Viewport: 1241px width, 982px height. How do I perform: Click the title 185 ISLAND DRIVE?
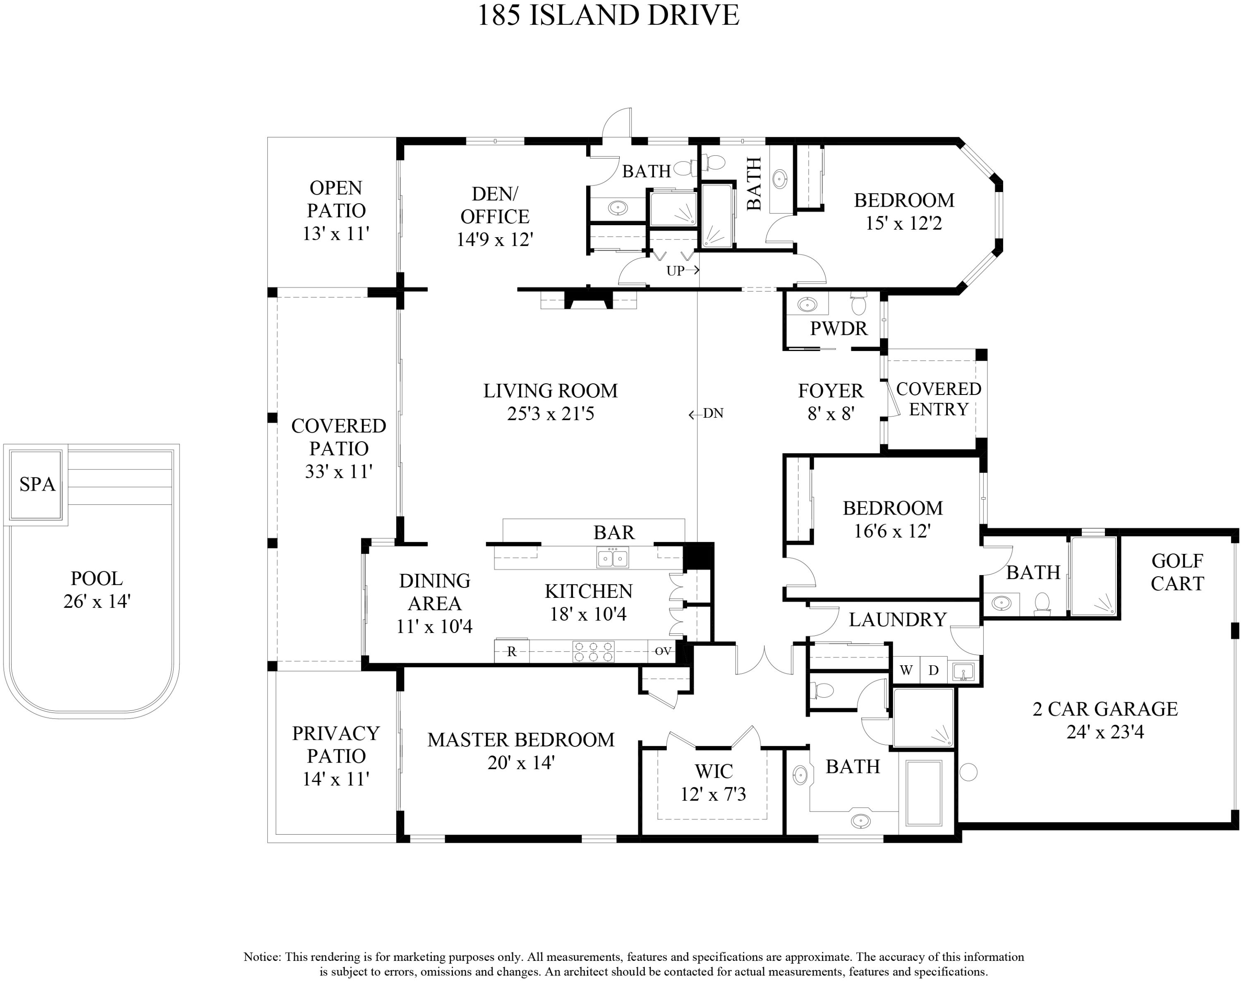pos(608,15)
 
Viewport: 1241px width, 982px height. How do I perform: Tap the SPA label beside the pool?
pos(37,485)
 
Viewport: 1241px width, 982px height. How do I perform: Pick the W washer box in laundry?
pos(906,670)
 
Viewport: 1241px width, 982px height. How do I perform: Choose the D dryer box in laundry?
pos(934,670)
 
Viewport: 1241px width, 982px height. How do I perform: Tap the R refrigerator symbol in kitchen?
pos(511,651)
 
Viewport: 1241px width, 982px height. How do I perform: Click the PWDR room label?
pos(838,329)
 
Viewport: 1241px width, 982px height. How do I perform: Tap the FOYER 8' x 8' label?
pos(831,402)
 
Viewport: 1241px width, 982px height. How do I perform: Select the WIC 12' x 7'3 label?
pos(713,782)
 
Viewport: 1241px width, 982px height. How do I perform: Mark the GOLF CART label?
pos(1176,572)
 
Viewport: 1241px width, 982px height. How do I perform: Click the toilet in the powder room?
pos(858,305)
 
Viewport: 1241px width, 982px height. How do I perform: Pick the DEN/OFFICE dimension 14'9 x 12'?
pos(495,239)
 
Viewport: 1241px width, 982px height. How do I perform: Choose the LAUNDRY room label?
pos(897,620)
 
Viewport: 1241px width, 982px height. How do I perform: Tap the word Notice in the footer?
pos(262,957)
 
